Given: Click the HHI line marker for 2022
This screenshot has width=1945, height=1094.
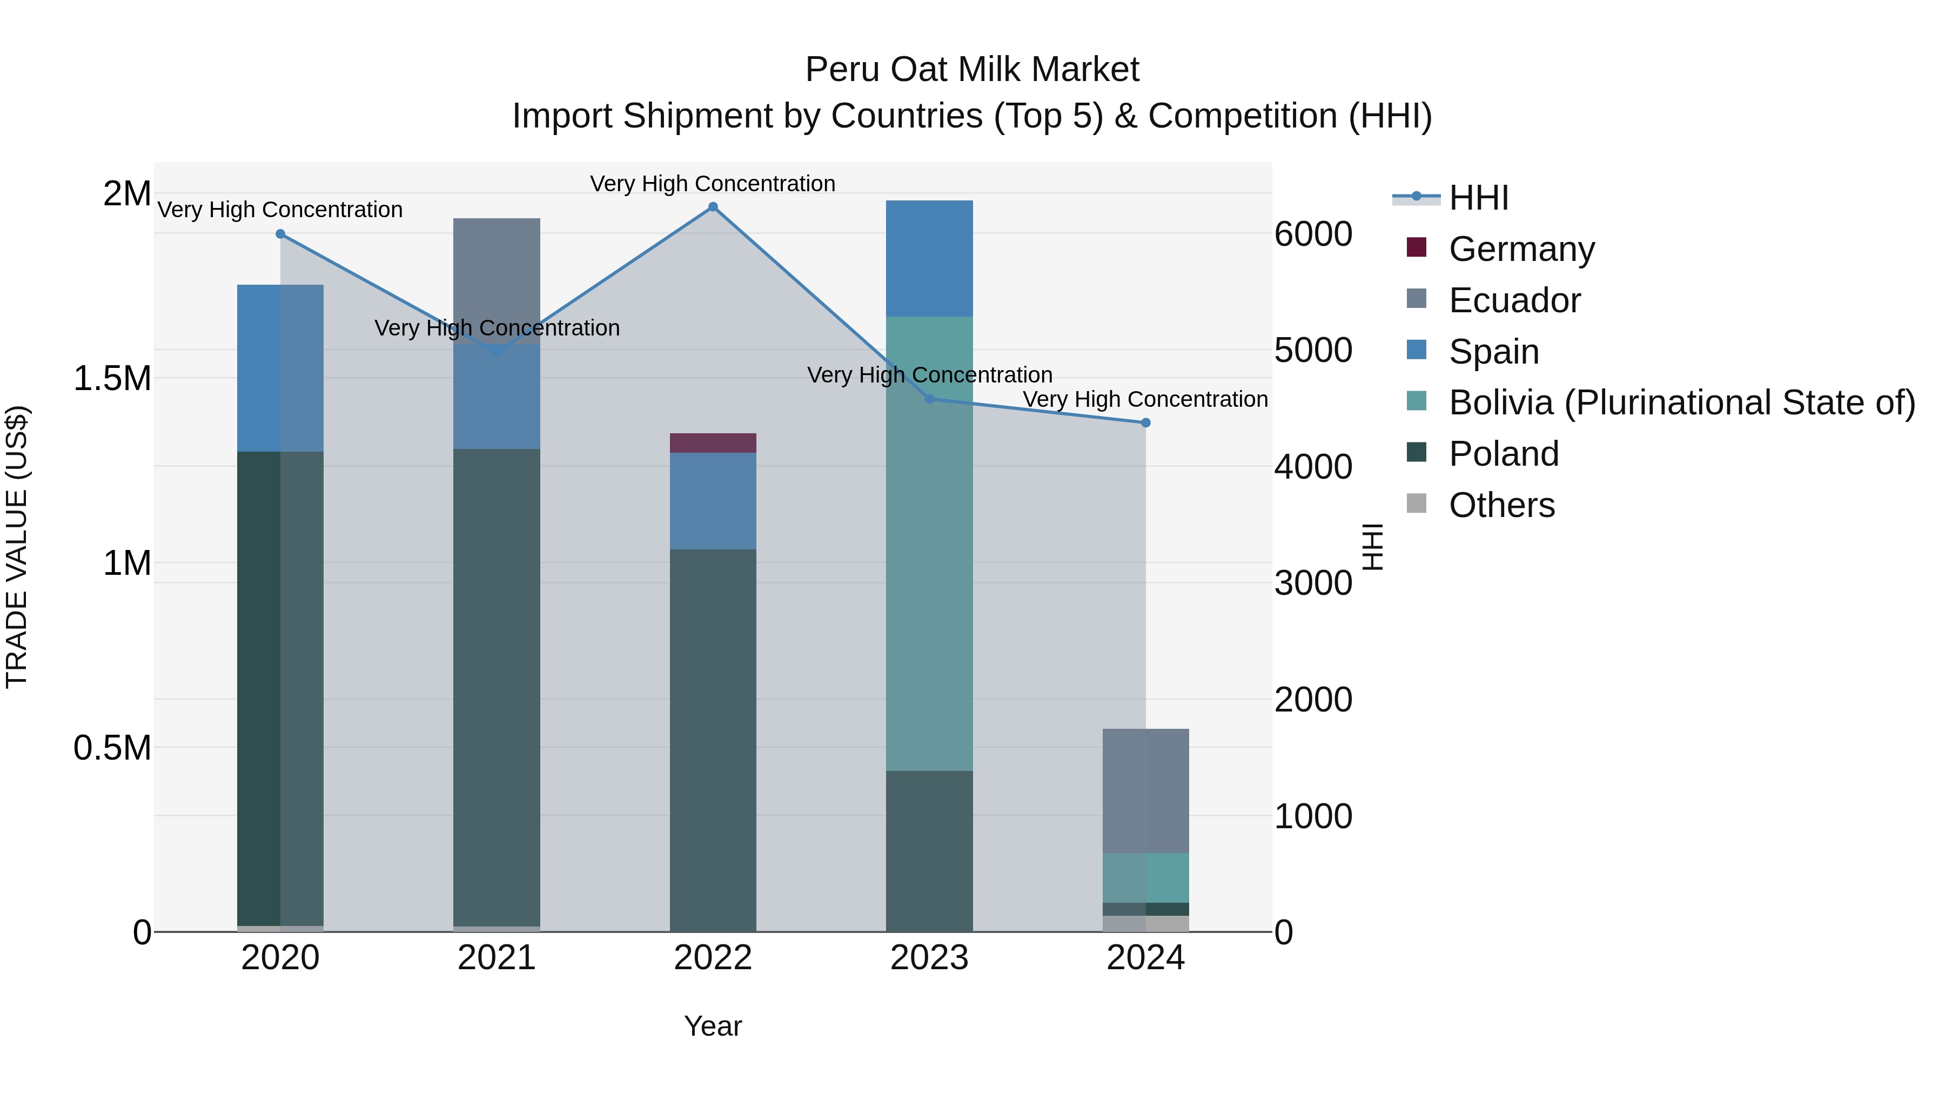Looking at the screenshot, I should click(713, 207).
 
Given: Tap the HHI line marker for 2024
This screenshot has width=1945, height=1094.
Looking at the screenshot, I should click(1145, 423).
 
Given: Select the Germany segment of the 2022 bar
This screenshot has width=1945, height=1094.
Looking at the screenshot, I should click(713, 443).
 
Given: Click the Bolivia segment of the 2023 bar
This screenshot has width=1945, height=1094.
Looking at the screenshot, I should click(929, 543).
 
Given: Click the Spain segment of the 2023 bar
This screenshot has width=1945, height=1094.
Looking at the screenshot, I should click(929, 258).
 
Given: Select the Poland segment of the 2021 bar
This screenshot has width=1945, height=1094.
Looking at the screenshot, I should click(496, 687).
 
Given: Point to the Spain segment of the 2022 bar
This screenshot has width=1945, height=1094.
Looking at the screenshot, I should click(713, 501).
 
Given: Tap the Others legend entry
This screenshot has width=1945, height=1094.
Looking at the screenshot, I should click(1501, 505).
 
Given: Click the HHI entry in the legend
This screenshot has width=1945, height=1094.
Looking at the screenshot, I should click(1478, 198).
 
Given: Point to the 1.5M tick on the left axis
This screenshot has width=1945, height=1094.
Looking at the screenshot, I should click(112, 378).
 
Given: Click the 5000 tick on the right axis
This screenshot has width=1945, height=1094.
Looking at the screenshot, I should click(1313, 350).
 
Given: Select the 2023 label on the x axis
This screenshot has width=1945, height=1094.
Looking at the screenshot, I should click(929, 958).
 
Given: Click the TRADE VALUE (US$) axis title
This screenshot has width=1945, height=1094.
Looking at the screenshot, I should click(17, 547).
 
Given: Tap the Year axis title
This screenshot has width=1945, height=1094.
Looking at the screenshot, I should click(713, 1026).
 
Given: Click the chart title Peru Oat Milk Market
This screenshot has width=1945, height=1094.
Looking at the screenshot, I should click(972, 70).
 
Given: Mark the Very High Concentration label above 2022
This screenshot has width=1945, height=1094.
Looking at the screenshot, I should click(712, 184).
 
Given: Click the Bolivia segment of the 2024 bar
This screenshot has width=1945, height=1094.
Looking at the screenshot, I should click(1145, 878).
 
